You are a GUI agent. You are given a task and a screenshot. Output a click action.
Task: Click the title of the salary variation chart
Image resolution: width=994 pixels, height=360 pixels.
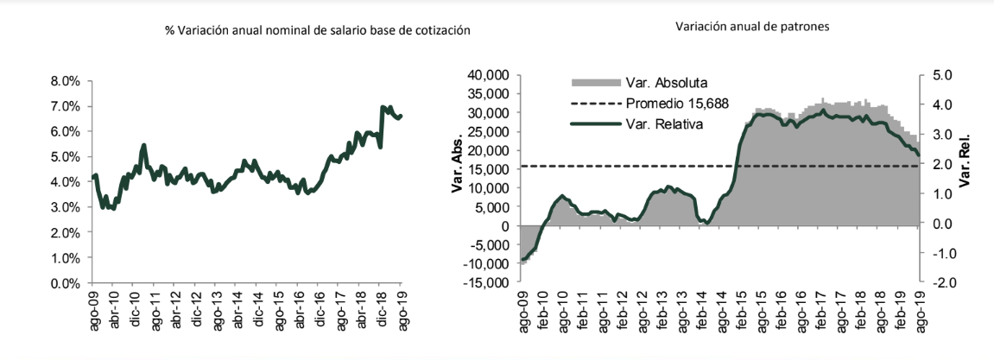tap(318, 30)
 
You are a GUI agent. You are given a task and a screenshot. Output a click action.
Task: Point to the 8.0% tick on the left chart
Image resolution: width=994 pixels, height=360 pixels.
tap(66, 81)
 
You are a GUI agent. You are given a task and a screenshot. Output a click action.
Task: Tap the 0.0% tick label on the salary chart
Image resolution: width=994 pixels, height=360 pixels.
tap(66, 283)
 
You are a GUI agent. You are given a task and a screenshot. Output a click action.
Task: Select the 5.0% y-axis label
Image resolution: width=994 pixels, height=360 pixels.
tap(66, 157)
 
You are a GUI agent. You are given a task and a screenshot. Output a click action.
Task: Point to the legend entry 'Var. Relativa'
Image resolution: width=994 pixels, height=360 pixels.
tap(664, 123)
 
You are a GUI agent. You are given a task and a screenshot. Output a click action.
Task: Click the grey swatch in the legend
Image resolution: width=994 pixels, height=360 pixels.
tap(596, 83)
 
